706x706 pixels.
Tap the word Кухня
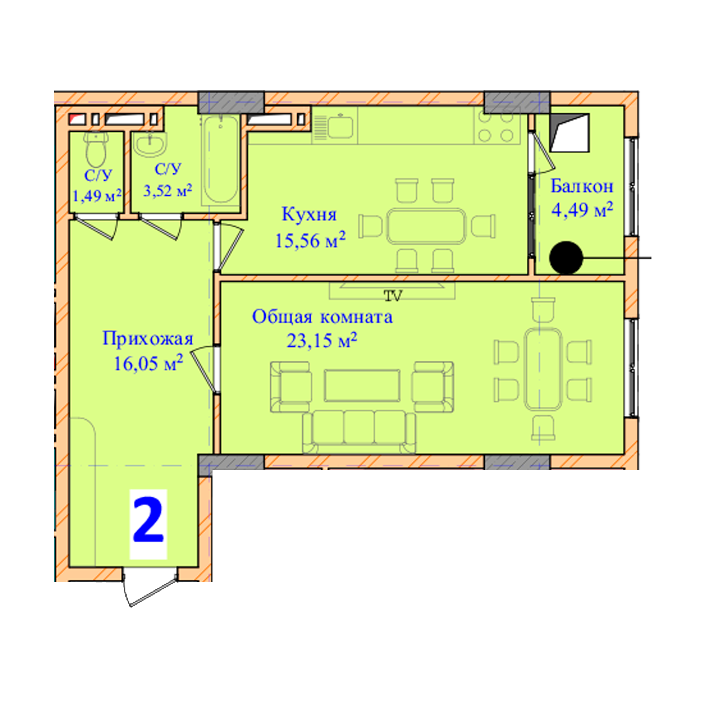tap(309, 215)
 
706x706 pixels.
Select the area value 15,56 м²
tap(310, 240)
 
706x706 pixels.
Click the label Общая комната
tap(322, 317)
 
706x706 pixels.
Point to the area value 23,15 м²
tap(322, 340)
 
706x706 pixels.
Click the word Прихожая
tap(148, 339)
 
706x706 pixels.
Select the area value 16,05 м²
tap(148, 363)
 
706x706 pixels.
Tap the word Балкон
tap(582, 186)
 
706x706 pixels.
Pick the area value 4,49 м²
tap(582, 209)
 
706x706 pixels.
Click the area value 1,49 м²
tap(97, 196)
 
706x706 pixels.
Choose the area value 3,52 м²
tap(168, 190)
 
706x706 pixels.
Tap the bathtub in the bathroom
tap(221, 160)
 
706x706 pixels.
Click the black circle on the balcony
tap(566, 258)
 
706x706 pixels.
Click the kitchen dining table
tap(426, 226)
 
